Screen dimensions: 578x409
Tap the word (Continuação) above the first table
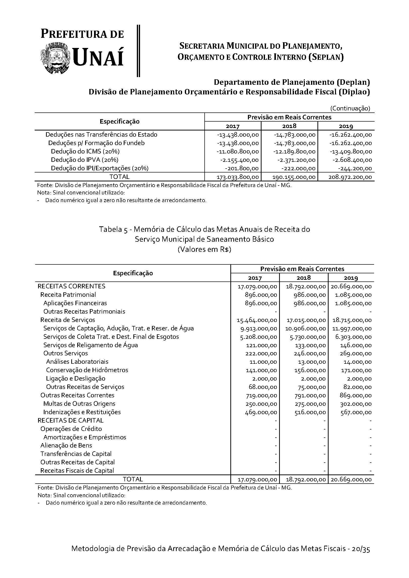(350, 108)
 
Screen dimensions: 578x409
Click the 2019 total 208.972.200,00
(350, 177)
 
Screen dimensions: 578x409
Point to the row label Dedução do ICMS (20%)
(85, 151)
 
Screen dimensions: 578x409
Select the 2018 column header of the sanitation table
(304, 278)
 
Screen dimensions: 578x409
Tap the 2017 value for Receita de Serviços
(257, 320)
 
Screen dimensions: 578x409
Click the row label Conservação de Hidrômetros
(87, 370)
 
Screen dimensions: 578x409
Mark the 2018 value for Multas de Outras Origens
(310, 404)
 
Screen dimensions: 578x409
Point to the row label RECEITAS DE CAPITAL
(71, 420)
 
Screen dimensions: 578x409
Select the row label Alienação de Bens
(66, 445)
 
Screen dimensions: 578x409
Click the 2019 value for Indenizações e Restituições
(356, 412)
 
